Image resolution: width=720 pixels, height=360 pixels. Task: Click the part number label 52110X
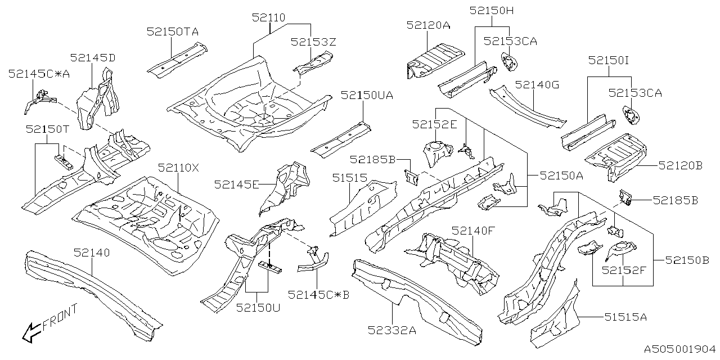point(179,168)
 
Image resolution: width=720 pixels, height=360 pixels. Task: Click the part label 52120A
point(429,25)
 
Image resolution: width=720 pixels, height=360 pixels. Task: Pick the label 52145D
point(93,57)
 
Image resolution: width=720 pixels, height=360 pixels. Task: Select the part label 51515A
point(625,317)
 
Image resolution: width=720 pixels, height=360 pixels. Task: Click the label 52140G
point(537,84)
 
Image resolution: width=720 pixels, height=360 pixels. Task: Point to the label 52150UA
point(367,96)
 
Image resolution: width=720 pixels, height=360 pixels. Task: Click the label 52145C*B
point(318,294)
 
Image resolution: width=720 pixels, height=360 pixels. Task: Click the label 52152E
point(434,124)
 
